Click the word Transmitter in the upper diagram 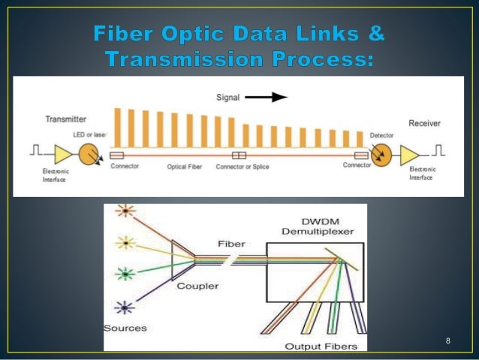65,118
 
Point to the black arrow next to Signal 270,97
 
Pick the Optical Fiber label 182,167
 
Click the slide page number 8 447,342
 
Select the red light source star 124,212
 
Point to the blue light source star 124,306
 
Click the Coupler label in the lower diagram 193,286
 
